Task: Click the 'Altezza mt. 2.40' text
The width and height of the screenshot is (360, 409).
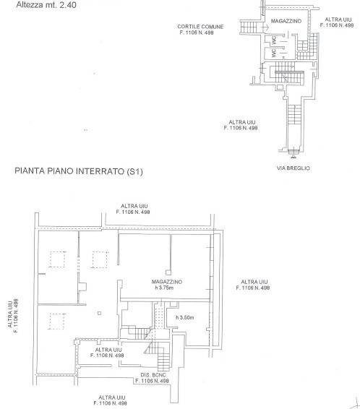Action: [46, 4]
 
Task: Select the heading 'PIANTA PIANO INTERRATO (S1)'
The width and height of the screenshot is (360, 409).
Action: [79, 171]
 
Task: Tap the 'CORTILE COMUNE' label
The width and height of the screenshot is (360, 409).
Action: [200, 27]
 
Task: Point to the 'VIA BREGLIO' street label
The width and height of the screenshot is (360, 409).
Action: [293, 168]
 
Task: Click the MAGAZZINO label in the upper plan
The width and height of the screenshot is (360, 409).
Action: [286, 21]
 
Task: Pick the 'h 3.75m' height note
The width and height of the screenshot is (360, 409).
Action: [164, 288]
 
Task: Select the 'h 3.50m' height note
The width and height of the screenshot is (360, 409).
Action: [184, 317]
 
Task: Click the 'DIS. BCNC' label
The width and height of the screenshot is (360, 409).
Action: [153, 375]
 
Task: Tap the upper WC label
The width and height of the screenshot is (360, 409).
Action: [274, 40]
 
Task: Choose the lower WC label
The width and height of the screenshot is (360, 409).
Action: [274, 53]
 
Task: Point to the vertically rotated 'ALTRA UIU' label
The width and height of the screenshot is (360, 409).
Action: [10, 314]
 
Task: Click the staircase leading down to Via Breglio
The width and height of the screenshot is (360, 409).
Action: [294, 115]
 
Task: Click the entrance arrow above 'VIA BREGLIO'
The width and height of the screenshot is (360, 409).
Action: [293, 153]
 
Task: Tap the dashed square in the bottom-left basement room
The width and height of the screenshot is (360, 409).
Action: [57, 322]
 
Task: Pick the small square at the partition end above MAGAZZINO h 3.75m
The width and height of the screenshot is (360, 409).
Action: [168, 272]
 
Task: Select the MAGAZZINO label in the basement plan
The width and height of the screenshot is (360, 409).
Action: [167, 282]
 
